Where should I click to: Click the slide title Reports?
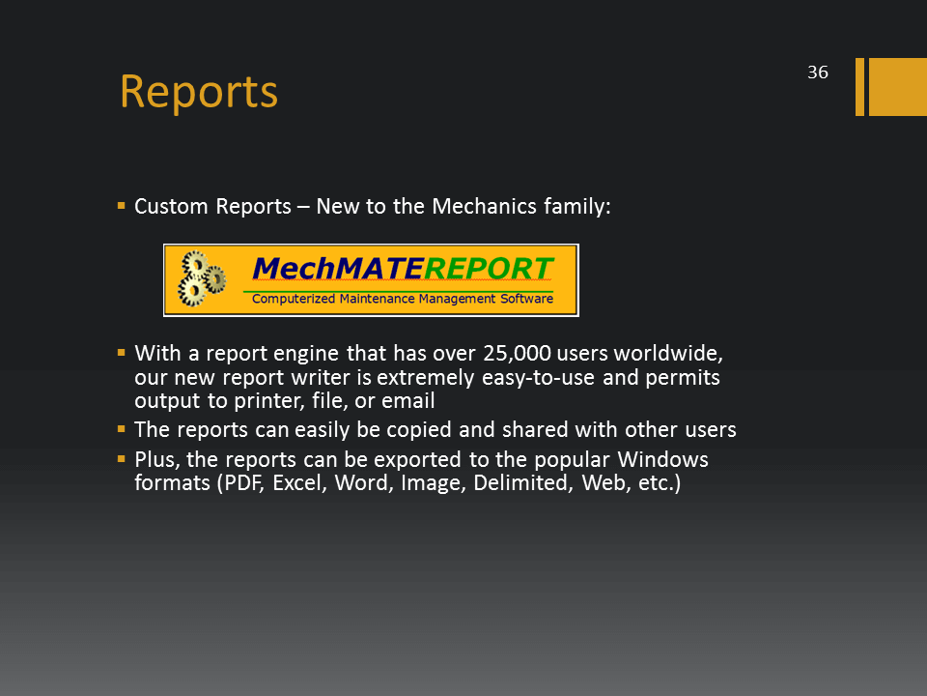199,93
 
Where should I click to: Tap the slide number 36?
818,72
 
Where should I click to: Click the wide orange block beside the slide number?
897,86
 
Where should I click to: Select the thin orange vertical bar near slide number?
859,86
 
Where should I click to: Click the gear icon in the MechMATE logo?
202,278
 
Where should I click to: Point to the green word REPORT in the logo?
489,269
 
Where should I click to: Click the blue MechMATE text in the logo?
338,269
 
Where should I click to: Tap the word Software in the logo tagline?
527,299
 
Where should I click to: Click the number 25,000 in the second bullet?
517,354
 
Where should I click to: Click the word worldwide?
668,354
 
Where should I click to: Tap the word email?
407,400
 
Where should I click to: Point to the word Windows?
662,459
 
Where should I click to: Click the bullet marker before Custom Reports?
122,206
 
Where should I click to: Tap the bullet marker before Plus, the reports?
122,458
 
